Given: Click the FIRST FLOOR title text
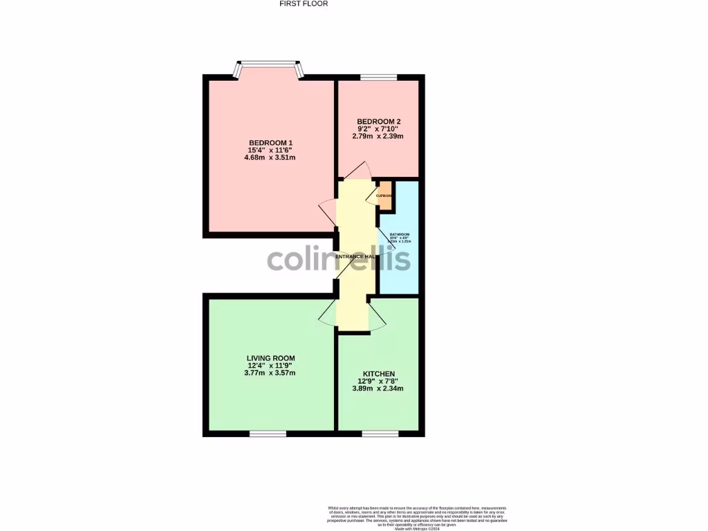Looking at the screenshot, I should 303,3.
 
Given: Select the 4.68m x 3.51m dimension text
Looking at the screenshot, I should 270,157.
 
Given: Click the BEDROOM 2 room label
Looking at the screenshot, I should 378,122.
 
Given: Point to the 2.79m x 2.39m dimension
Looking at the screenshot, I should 378,136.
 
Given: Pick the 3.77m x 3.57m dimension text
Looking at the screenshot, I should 270,373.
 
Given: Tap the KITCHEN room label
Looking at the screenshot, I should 378,374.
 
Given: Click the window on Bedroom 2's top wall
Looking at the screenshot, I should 378,77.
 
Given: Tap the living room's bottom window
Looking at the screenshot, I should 268,434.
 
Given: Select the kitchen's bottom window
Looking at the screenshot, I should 380,434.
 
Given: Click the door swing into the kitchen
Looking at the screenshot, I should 377,316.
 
